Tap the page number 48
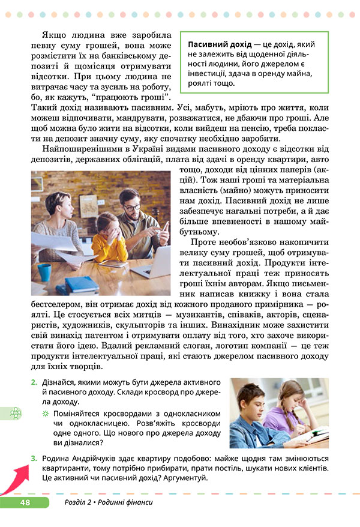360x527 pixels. point(25,502)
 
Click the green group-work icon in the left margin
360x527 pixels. point(16,414)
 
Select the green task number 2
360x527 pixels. point(34,382)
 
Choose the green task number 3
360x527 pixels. point(34,459)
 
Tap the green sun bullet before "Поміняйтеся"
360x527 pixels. point(45,414)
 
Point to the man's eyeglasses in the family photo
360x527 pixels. point(133,208)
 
